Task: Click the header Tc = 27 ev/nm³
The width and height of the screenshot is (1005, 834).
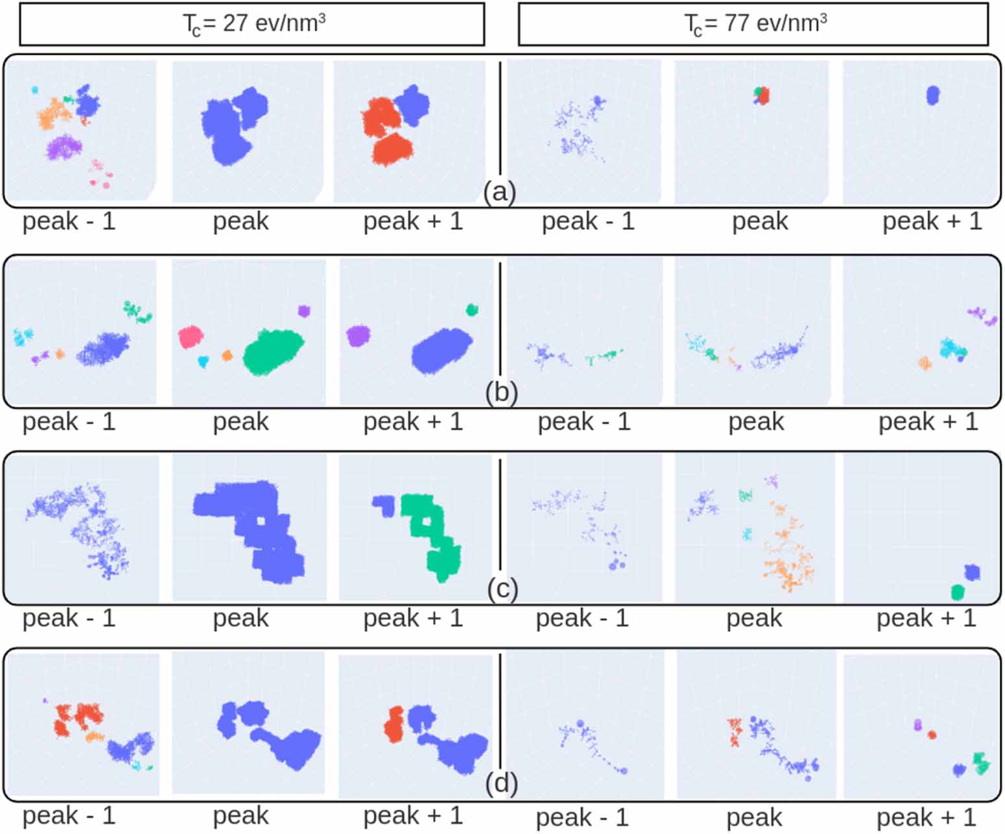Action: (252, 24)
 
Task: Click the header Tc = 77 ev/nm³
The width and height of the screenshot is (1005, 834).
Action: (753, 24)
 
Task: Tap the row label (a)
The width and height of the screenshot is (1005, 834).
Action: (499, 192)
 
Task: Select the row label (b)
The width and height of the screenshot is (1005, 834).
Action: (501, 393)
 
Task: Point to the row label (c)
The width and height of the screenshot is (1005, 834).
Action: (502, 589)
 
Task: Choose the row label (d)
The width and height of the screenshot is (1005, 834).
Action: (501, 783)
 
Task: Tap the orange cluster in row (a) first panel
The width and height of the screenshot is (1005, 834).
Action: (54, 115)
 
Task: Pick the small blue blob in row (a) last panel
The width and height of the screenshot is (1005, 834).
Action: (932, 95)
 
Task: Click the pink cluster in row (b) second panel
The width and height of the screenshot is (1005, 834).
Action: (191, 337)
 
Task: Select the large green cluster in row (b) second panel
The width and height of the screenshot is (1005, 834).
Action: (273, 352)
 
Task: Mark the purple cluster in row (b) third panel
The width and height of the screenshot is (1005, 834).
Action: (357, 336)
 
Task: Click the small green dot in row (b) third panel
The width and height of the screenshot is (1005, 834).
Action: (471, 310)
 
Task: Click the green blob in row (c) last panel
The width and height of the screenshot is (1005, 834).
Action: (957, 592)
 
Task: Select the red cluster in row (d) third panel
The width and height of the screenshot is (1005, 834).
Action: (394, 724)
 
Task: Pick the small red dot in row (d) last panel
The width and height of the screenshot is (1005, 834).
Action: (932, 734)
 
